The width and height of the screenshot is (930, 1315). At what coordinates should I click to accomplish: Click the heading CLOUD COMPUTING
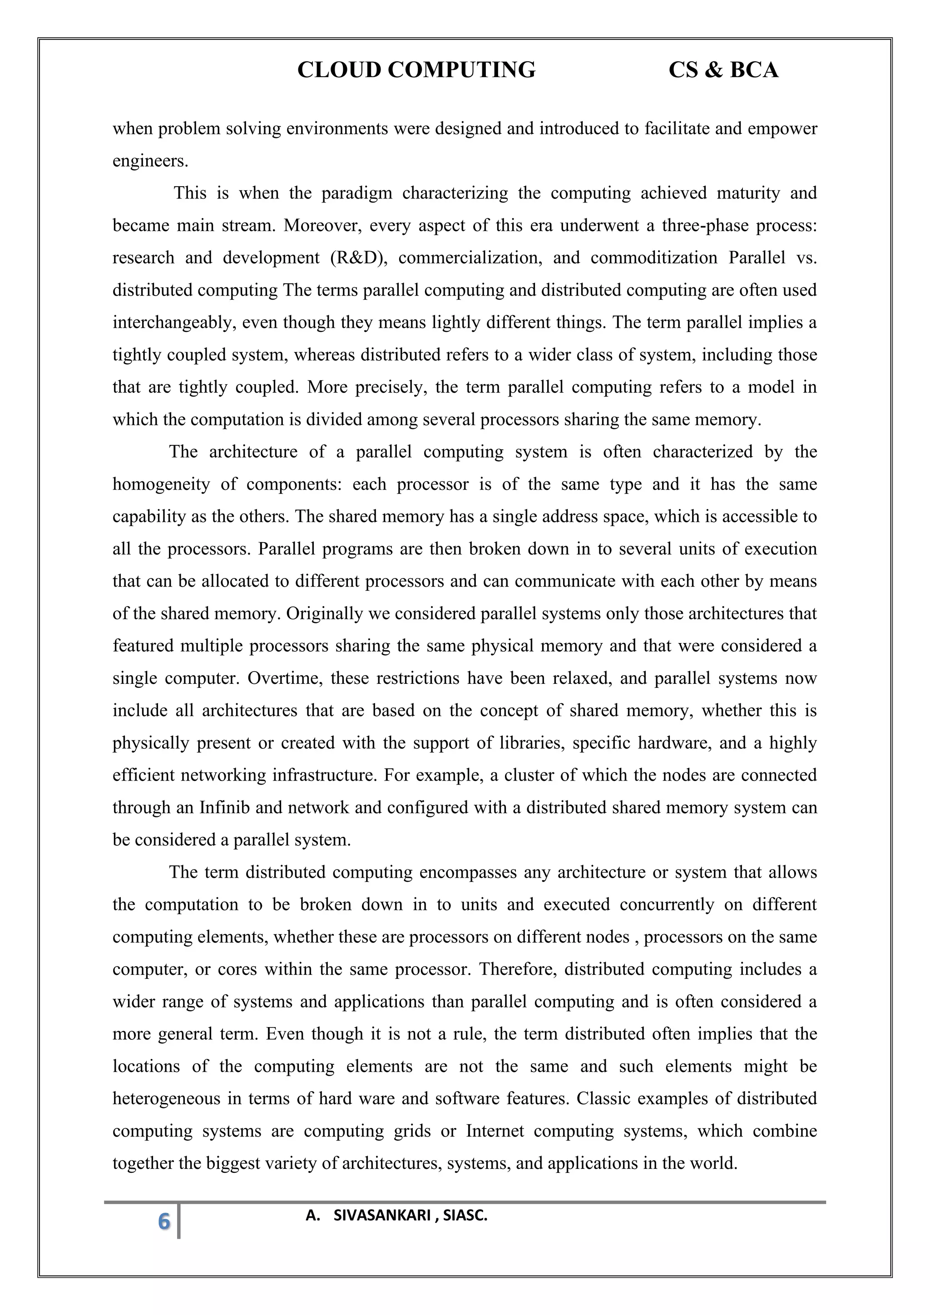click(416, 70)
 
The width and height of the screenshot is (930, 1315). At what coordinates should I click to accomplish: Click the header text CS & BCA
click(723, 70)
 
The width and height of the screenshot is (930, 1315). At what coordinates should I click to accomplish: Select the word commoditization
click(653, 258)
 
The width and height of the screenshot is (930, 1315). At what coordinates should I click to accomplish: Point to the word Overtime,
click(283, 679)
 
